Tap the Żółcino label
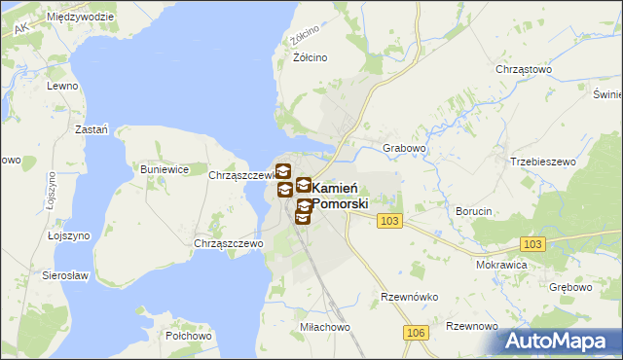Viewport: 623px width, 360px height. [311, 57]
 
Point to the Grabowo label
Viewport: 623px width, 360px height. [405, 148]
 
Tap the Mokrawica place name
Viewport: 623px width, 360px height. [501, 264]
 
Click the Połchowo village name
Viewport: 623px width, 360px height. [189, 335]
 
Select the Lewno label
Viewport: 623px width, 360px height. [60, 86]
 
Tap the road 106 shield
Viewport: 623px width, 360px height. [416, 333]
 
